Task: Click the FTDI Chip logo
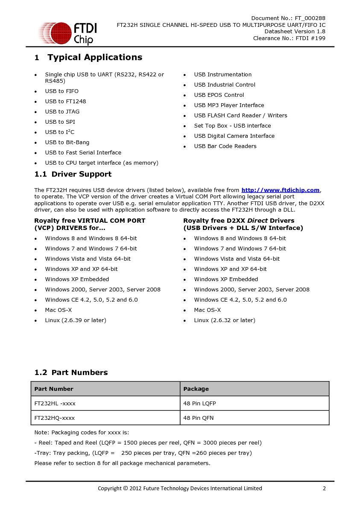point(67,33)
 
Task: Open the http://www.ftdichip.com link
point(280,190)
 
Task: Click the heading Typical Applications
point(94,57)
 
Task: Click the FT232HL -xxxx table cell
point(55,403)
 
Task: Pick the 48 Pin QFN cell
point(198,418)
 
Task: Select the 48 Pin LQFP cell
point(199,403)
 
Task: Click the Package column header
point(196,389)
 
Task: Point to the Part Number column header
point(54,389)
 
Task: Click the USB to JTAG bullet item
point(62,112)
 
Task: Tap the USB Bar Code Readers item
point(225,146)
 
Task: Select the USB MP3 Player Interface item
point(229,105)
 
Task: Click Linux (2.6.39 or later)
point(76,320)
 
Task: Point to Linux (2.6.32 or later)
point(225,320)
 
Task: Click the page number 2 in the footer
point(324,488)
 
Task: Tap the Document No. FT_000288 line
point(288,18)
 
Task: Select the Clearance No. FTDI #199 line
point(289,38)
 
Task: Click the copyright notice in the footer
point(180,488)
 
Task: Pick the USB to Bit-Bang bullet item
point(67,143)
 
